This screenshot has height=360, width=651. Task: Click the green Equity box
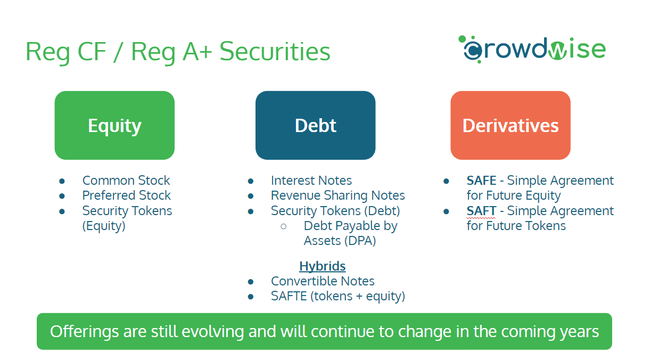coord(114,125)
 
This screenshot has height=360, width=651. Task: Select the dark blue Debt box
coord(315,125)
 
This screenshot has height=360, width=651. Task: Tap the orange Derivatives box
coord(510,125)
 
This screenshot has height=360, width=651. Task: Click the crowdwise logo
coord(532,49)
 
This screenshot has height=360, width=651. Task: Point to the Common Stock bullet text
coord(126,181)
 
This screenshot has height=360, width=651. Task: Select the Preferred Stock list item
coord(127,195)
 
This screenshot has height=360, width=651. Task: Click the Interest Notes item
coord(311,181)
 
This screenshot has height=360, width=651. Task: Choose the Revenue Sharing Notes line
coord(337,195)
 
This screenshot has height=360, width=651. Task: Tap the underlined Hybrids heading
coord(322,266)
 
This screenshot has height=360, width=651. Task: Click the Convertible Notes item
coord(323,281)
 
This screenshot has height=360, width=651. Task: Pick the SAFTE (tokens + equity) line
coord(338,296)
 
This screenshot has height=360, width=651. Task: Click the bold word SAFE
coord(481,181)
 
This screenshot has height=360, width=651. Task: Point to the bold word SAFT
coord(481,211)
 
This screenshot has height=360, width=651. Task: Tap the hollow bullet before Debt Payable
coord(284,226)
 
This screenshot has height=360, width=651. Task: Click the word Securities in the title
coord(275,52)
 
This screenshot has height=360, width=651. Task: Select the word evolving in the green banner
coord(212,332)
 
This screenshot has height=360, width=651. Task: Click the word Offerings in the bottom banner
coord(84,332)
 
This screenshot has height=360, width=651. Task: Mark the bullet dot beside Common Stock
coord(62,182)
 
